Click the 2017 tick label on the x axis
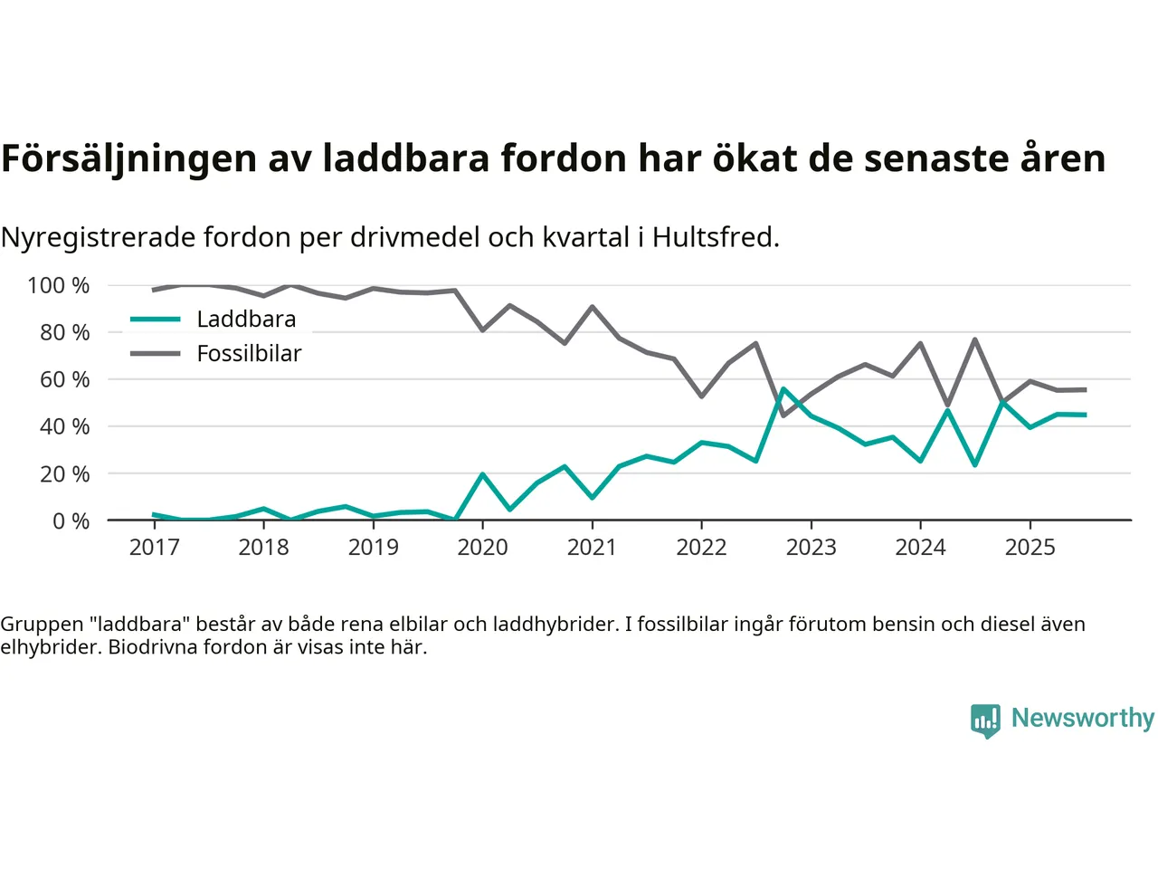click(154, 547)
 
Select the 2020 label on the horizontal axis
click(482, 547)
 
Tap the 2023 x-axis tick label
click(811, 547)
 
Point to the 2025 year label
click(1030, 547)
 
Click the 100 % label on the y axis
click(59, 286)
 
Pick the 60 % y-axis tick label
click(64, 379)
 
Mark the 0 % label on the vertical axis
click(71, 520)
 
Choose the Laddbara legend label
click(246, 320)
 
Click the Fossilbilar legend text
click(249, 354)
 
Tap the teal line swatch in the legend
click(156, 320)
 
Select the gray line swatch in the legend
click(156, 354)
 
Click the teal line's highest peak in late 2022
click(783, 389)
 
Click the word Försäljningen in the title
click(129, 158)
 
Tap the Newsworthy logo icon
click(985, 721)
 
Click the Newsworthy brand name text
click(1082, 718)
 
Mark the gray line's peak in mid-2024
click(975, 339)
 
